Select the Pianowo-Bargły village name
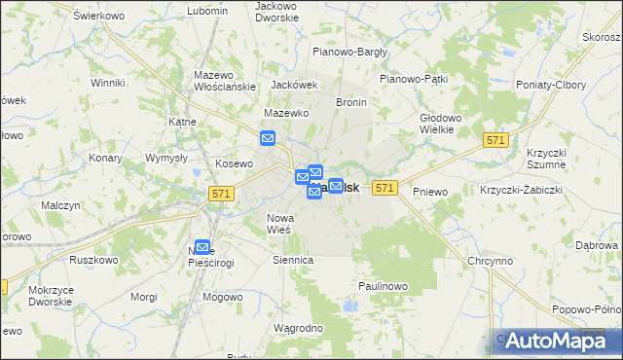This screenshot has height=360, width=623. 349,52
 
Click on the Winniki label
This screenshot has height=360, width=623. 107,83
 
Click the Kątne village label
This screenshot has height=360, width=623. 183,122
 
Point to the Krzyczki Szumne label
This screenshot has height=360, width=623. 546,159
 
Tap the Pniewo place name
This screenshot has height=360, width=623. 430,192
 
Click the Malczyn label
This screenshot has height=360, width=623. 60,205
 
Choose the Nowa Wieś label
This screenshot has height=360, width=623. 280,223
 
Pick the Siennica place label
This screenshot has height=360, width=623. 293,260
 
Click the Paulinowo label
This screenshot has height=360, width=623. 382,286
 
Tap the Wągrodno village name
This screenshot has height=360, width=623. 299,328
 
